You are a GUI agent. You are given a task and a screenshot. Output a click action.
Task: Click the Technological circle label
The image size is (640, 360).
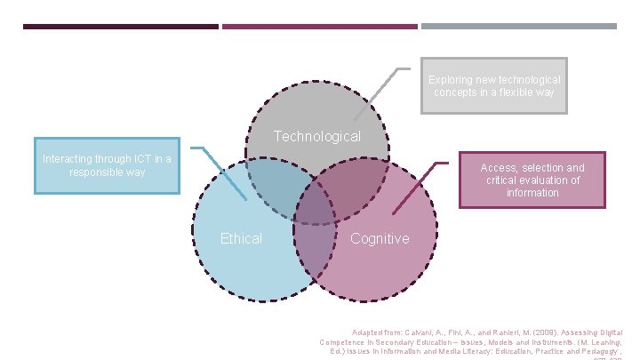[x=317, y=137]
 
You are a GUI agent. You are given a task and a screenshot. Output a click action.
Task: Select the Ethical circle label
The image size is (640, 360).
[x=241, y=238]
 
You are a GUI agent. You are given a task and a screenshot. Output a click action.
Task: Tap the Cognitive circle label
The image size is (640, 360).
[x=380, y=238]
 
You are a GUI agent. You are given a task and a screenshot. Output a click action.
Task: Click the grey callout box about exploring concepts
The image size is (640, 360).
[x=493, y=87]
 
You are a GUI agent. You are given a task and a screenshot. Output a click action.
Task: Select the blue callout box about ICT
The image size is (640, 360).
[x=108, y=165]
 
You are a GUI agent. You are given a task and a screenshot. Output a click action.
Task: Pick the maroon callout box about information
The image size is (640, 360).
[x=532, y=180]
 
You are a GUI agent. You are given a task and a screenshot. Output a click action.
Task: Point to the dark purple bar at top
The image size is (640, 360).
[x=120, y=27]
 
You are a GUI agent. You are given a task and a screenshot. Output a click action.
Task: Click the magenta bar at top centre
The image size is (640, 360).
[x=319, y=27]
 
